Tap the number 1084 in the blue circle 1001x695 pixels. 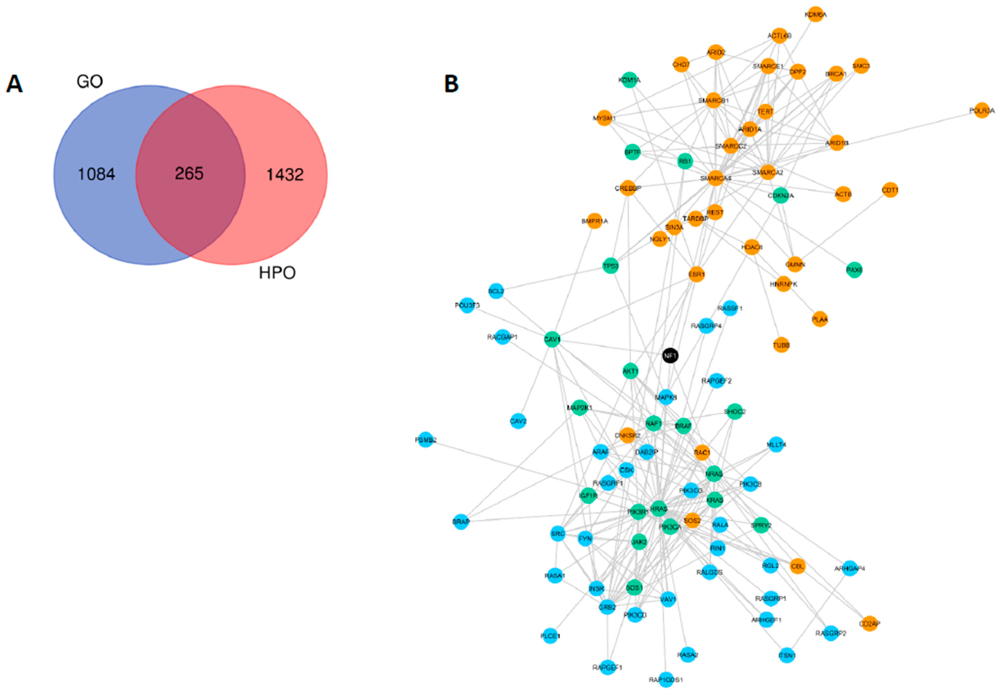(x=96, y=174)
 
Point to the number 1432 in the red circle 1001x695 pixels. (x=285, y=175)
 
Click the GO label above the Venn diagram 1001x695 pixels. (x=90, y=81)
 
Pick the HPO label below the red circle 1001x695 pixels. (x=277, y=273)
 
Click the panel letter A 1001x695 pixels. (x=14, y=84)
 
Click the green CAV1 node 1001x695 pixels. (x=552, y=339)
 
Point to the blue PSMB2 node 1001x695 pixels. (x=425, y=440)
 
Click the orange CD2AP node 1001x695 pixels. (x=869, y=624)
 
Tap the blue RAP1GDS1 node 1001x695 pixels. (x=666, y=679)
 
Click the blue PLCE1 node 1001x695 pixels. (x=550, y=636)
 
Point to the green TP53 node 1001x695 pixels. (x=610, y=266)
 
